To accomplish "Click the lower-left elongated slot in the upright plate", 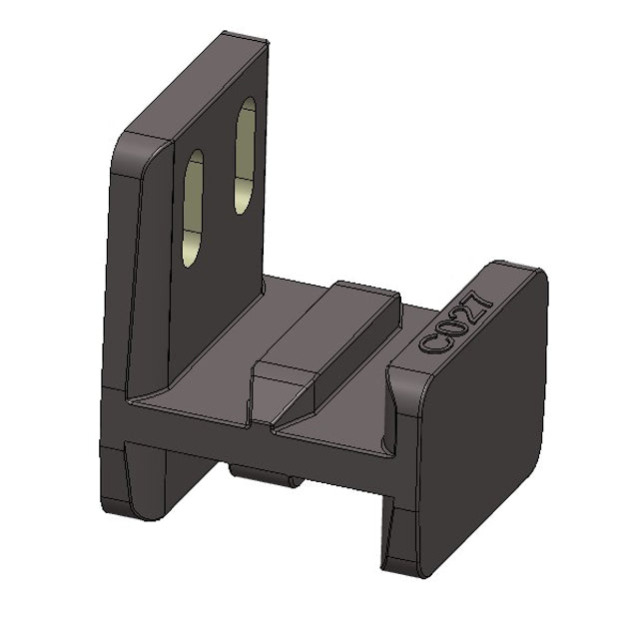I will [193, 208].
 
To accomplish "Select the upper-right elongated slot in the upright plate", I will [245, 155].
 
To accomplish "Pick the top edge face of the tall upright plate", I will [190, 85].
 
